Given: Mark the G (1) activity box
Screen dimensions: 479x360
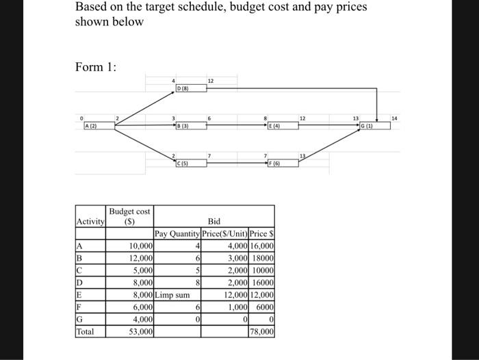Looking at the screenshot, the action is (x=373, y=127).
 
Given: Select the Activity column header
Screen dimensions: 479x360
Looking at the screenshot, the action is (x=90, y=221).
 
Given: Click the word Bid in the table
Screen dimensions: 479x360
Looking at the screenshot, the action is (x=214, y=221).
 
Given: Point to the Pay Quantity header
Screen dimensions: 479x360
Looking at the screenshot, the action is (x=177, y=234).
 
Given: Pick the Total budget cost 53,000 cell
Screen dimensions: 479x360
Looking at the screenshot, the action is (x=140, y=331).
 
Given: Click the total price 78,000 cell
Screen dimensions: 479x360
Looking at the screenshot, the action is (x=262, y=331).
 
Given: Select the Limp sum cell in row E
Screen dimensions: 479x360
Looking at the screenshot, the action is (x=172, y=295).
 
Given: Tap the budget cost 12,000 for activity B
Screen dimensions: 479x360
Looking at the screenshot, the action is (x=140, y=258).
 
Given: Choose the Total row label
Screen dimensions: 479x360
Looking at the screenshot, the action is (x=87, y=331).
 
